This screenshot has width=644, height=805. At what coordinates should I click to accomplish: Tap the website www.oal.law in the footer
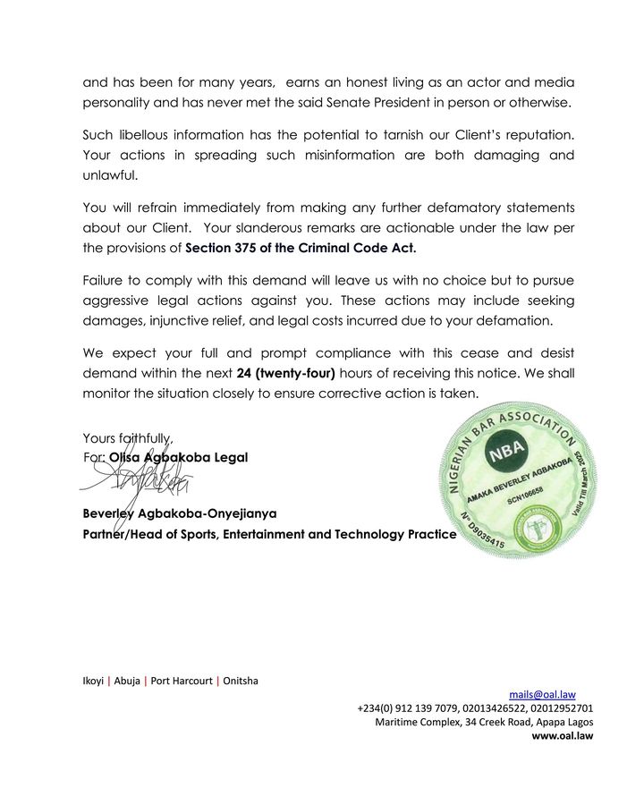click(563, 736)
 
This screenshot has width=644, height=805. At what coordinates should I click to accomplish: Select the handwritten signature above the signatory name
click(134, 484)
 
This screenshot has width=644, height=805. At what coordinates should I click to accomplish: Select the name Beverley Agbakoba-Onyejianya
click(180, 514)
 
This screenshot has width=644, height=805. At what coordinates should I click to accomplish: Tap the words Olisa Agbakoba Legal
click(178, 457)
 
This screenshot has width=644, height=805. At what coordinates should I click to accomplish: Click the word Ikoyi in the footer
click(94, 680)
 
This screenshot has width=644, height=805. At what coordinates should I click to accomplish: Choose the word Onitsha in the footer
click(241, 680)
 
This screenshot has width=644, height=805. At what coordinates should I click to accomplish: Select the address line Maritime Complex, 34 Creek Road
click(484, 722)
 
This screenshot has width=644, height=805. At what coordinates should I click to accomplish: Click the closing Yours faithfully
click(127, 438)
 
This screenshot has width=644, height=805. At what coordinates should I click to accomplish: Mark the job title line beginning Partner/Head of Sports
click(269, 535)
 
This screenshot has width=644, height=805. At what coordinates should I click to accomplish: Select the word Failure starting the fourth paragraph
click(105, 280)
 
